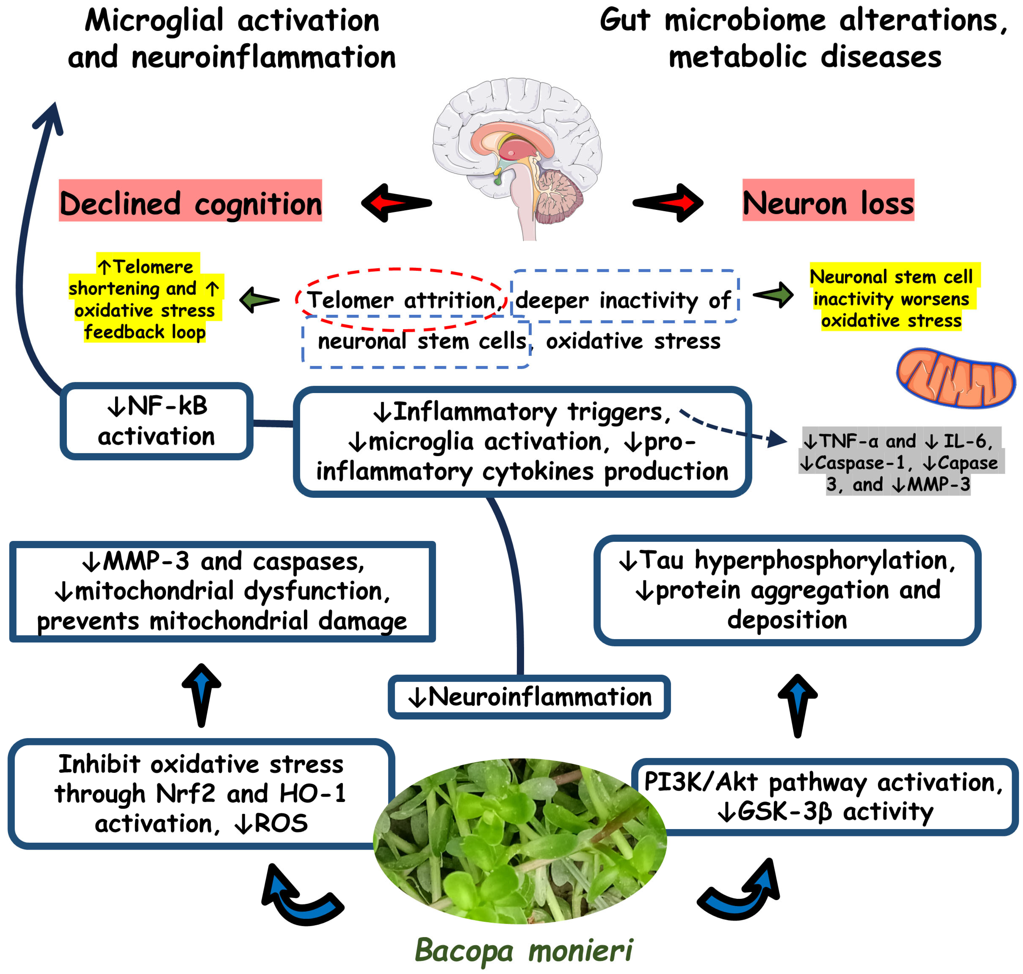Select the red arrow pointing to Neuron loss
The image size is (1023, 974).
pyautogui.click(x=668, y=203)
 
